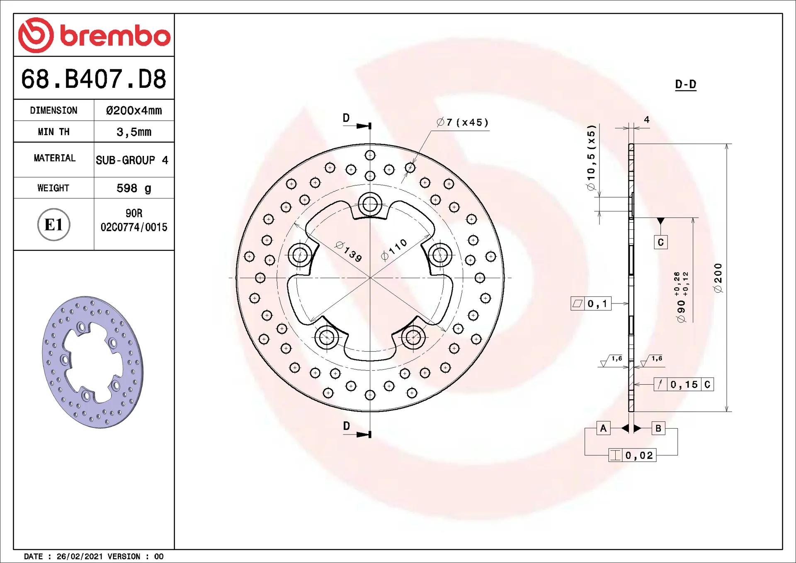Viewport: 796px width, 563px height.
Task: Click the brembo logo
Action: [94, 35]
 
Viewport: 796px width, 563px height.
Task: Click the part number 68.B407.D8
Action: [94, 79]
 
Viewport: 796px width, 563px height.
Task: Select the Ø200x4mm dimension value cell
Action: [134, 110]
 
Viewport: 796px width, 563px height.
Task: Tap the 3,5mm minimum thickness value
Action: [134, 132]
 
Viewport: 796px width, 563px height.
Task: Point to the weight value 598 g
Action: [134, 188]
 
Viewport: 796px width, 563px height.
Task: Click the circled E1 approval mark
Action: [54, 225]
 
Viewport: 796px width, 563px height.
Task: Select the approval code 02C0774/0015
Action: [134, 227]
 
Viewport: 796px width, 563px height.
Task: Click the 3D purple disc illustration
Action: [93, 362]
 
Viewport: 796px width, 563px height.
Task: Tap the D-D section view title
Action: [686, 85]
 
